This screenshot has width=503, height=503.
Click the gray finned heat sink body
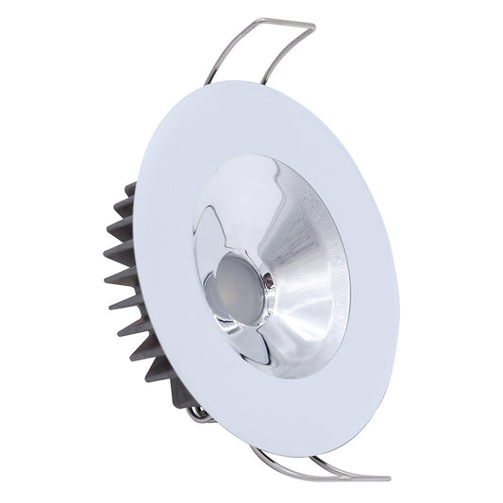123,283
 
